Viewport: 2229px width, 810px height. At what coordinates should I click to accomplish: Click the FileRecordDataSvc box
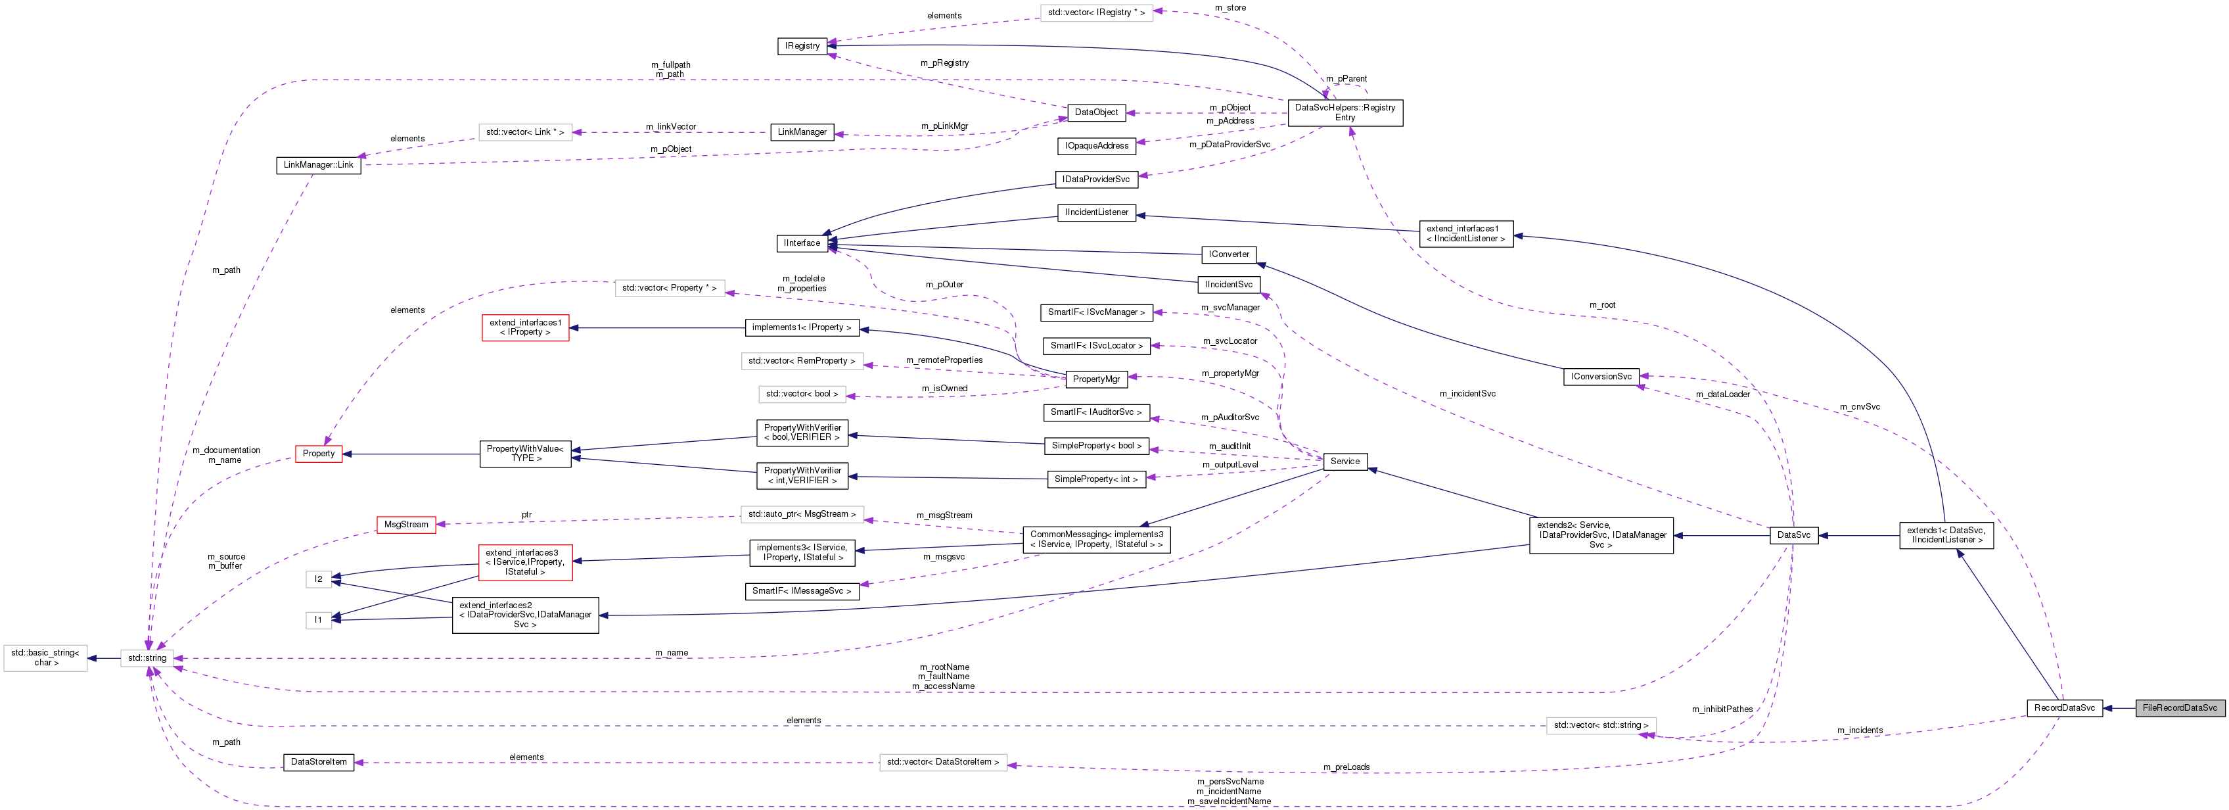pos(2179,708)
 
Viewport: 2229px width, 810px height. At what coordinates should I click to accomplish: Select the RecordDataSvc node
pos(2063,708)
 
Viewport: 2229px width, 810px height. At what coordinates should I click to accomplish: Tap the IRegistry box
pos(802,46)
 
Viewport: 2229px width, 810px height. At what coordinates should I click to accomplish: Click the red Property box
pos(319,454)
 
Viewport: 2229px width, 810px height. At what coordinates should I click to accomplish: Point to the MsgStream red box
pos(406,525)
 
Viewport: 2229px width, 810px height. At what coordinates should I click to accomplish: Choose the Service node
pos(1344,462)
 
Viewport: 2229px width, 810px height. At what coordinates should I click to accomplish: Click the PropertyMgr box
pos(1095,379)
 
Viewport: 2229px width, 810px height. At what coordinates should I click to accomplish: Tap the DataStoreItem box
pos(319,763)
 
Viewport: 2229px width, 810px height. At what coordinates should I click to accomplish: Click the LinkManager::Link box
pos(319,165)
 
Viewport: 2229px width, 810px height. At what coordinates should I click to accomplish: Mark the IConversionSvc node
pos(1601,377)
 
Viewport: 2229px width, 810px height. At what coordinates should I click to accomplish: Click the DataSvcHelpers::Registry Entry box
pos(1344,112)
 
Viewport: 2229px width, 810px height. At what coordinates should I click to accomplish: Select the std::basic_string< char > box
pos(45,657)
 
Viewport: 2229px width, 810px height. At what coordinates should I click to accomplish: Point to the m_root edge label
pos(1601,304)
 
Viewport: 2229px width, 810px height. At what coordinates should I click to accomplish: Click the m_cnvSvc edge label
pos(1860,407)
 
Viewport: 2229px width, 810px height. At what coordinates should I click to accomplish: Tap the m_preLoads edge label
pos(1346,767)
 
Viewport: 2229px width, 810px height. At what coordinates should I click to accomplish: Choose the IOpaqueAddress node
pos(1096,146)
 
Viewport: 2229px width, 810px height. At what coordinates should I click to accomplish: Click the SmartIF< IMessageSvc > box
pos(801,591)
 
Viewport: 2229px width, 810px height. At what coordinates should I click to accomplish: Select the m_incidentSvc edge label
pos(1467,394)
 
